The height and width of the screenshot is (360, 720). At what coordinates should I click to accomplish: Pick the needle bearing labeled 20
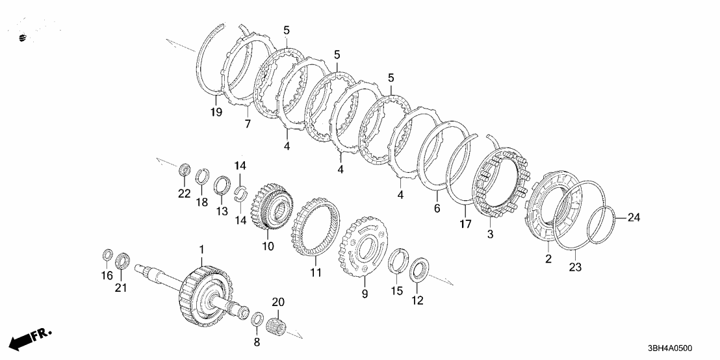pyautogui.click(x=278, y=323)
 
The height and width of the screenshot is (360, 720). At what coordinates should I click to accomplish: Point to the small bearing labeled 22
pyautogui.click(x=185, y=172)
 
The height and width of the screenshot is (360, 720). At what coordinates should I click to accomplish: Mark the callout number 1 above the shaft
pyautogui.click(x=201, y=250)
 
